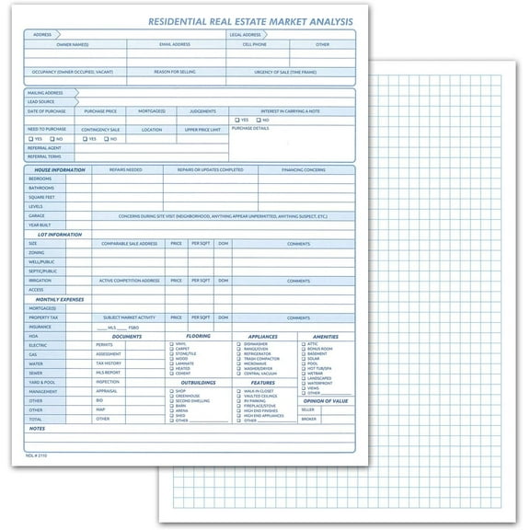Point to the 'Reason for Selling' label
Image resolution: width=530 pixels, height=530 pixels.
click(x=176, y=71)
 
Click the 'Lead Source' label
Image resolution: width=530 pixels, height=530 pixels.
click(x=40, y=101)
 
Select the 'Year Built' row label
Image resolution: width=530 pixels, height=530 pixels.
click(x=40, y=225)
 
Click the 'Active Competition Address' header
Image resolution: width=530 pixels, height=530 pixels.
click(x=132, y=280)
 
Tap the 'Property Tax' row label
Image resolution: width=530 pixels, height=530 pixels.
click(x=43, y=317)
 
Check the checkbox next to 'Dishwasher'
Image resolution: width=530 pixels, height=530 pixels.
click(x=238, y=344)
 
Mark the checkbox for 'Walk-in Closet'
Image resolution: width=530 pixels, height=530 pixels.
click(x=238, y=389)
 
